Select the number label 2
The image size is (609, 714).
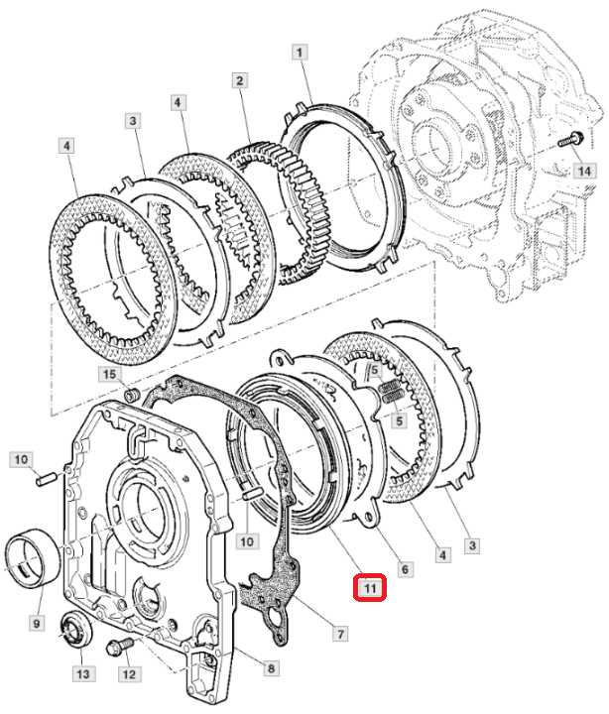(239, 80)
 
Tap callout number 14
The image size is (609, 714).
(587, 172)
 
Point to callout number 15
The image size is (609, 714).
(109, 374)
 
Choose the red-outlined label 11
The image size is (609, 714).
(369, 588)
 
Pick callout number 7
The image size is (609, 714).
(339, 632)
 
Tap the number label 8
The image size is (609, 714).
(270, 669)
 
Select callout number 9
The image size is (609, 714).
(36, 624)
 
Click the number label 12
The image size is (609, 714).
(129, 674)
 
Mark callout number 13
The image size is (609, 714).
(82, 674)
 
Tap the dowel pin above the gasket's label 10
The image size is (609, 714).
(251, 493)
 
